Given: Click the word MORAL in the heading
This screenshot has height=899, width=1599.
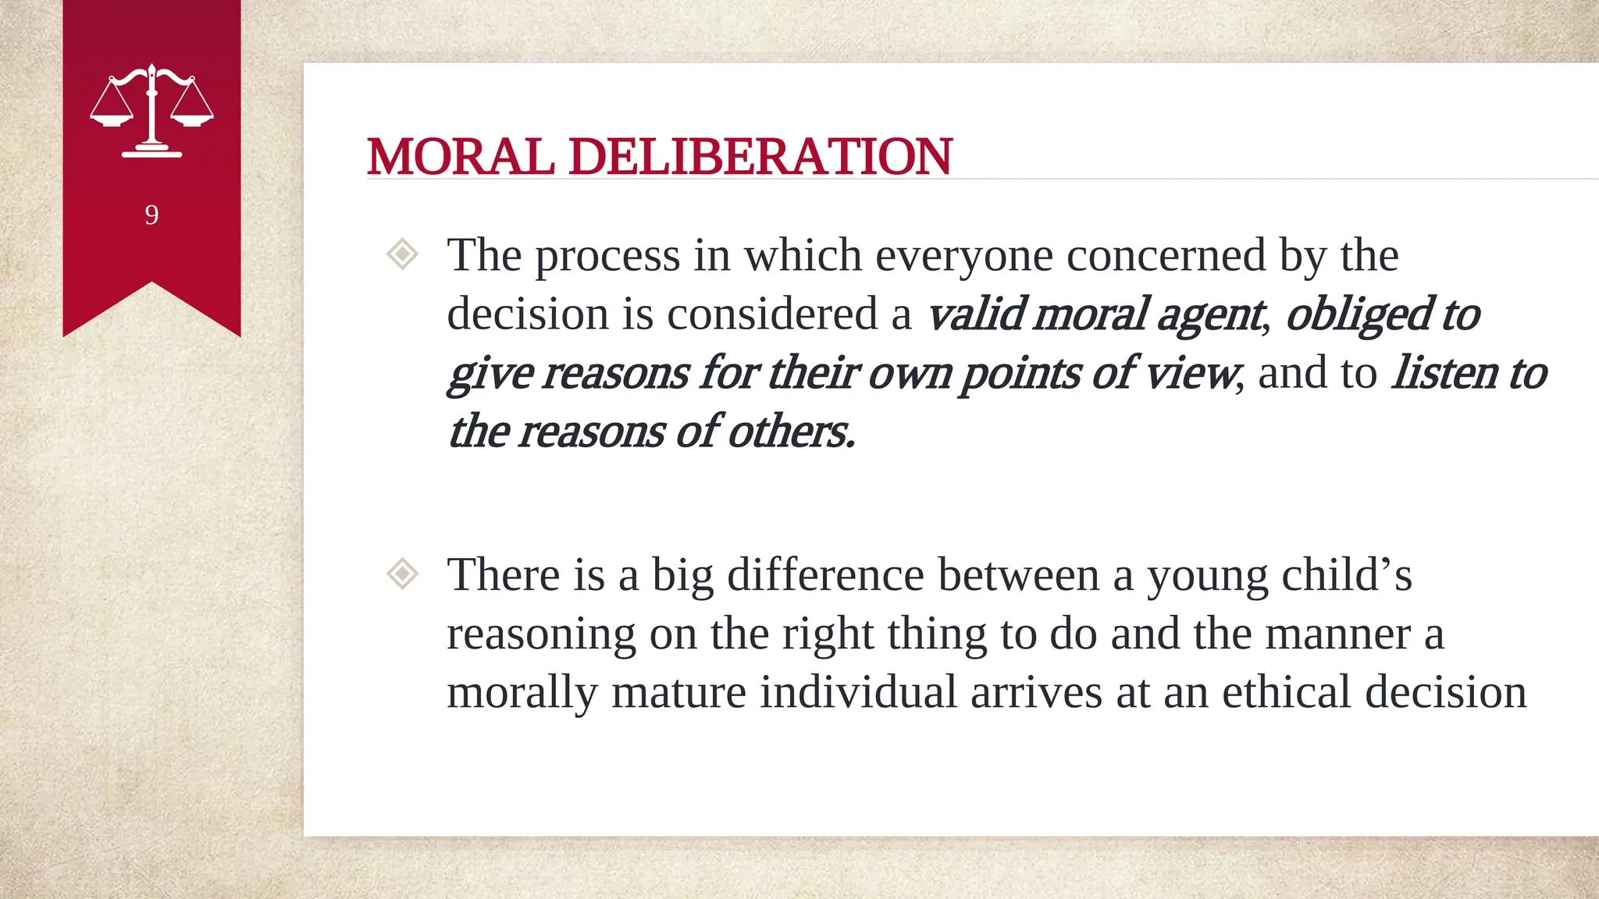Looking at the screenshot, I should click(x=461, y=157).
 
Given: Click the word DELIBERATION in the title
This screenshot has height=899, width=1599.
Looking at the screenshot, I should click(x=760, y=157).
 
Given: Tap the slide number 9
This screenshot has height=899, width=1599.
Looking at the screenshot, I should click(x=151, y=215).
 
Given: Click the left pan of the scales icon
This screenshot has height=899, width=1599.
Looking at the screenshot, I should click(x=112, y=119).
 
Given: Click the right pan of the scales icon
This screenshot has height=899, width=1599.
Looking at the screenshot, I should click(x=192, y=119).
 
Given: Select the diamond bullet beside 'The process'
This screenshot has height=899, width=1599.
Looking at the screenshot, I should click(x=403, y=254).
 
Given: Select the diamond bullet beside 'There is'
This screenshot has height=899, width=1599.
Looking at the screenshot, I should click(x=403, y=574).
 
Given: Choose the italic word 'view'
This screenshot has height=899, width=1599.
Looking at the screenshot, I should click(x=1190, y=372).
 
